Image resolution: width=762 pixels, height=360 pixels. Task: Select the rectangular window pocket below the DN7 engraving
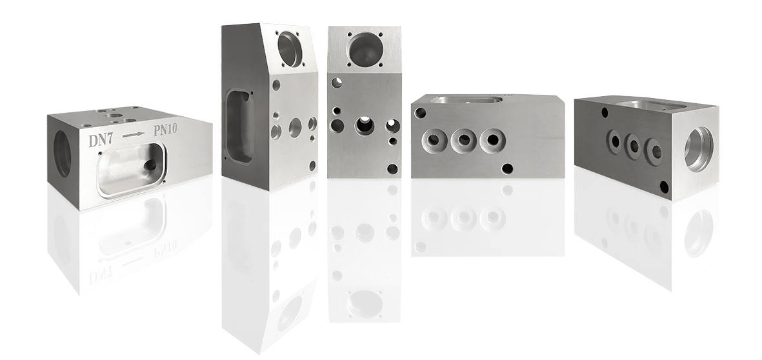coord(131,169)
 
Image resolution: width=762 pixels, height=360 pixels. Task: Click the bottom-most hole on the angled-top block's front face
coord(313,165)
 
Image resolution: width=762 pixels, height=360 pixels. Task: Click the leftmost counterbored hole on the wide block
coord(431,139)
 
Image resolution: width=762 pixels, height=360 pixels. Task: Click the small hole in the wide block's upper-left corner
coord(421,113)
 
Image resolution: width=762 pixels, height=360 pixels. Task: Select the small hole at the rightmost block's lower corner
coord(663,186)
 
